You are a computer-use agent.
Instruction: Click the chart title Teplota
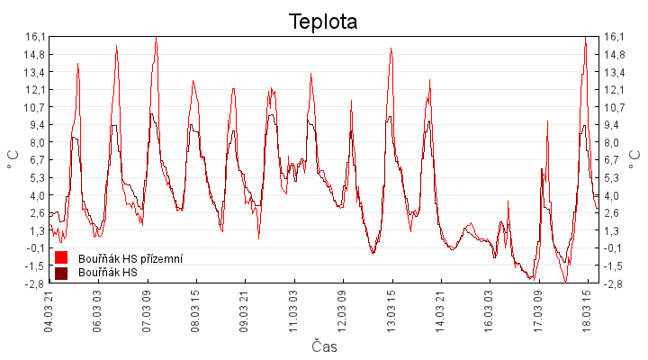323,21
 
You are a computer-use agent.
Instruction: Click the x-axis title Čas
324,346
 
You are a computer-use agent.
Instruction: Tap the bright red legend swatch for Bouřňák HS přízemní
61,258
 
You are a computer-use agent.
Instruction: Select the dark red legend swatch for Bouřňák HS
61,273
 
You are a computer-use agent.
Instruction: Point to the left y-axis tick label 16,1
35,37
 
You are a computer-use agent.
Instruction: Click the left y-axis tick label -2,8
35,283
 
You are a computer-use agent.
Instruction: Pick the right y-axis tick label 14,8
615,54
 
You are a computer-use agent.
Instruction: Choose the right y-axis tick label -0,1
615,248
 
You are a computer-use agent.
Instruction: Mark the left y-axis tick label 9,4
37,125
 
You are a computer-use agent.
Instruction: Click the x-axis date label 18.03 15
587,310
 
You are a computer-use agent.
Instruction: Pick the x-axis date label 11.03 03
294,310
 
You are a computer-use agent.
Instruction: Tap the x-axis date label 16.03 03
490,310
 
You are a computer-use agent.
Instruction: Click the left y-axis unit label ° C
12,159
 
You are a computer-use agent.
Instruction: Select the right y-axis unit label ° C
636,159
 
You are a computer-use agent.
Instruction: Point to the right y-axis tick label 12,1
615,90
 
